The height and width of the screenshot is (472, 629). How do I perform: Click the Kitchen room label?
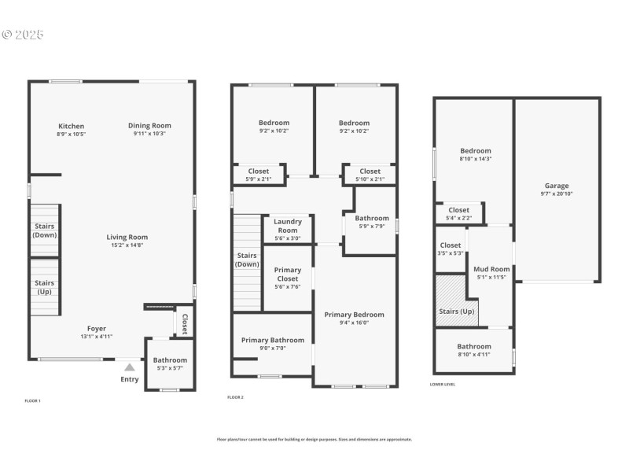[x=71, y=126]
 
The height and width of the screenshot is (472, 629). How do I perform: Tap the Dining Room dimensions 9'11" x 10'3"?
[x=149, y=134]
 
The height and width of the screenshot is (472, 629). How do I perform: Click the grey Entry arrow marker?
[x=130, y=367]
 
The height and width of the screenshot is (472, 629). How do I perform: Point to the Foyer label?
[x=96, y=328]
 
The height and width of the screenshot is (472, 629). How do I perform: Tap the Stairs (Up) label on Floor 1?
[x=45, y=286]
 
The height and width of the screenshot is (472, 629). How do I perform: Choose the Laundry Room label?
[x=288, y=227]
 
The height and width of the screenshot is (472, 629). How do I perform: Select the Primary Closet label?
[x=288, y=275]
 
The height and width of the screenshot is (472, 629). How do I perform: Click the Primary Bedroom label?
[x=355, y=314]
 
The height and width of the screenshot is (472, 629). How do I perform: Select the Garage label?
[x=557, y=186]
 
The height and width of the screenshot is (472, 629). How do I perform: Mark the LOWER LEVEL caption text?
[x=443, y=385]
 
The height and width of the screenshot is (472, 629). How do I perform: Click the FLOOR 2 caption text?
[x=235, y=397]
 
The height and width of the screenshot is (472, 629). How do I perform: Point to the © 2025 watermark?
[x=23, y=35]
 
